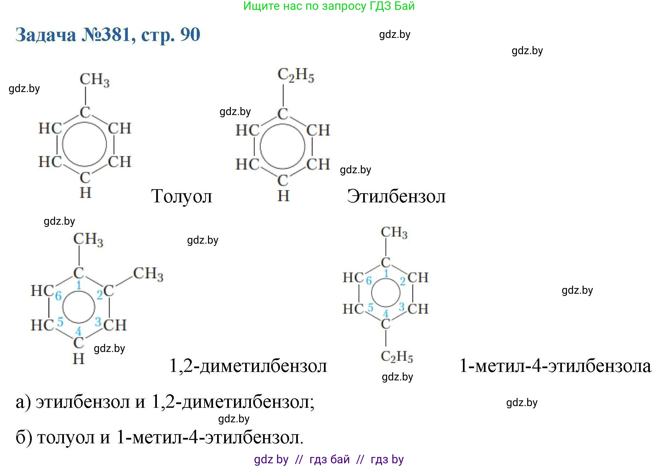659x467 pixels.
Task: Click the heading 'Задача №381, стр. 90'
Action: click(x=108, y=35)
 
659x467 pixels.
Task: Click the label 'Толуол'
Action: click(x=182, y=196)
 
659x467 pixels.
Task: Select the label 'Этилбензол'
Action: click(x=396, y=196)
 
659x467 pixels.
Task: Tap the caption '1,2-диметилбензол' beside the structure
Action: click(x=248, y=366)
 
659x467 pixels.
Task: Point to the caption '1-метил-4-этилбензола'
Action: click(x=555, y=366)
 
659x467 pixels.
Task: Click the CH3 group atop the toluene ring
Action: click(x=95, y=80)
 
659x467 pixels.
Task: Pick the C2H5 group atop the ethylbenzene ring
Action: click(x=296, y=75)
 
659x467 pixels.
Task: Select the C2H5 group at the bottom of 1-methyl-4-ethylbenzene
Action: click(x=397, y=356)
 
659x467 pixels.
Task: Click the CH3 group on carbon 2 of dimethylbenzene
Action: click(x=148, y=274)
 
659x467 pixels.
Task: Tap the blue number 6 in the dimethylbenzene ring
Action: click(x=58, y=296)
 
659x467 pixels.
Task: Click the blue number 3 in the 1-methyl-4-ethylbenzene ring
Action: click(x=401, y=307)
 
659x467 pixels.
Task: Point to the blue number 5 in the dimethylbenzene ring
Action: click(x=60, y=321)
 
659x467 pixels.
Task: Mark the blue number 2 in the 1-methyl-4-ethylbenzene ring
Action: click(x=402, y=281)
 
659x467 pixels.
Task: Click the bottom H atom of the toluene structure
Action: click(x=86, y=193)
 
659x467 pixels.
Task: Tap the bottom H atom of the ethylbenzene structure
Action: click(x=283, y=196)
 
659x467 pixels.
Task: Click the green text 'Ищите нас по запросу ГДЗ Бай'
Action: click(x=329, y=6)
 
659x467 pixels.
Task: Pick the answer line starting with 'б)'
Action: click(x=160, y=437)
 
